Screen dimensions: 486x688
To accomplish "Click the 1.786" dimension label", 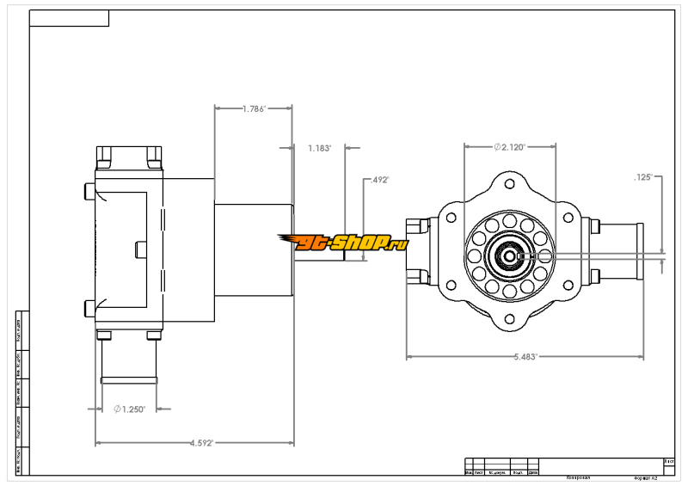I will click(x=254, y=109).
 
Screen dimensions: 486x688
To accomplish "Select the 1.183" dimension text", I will click(x=319, y=148).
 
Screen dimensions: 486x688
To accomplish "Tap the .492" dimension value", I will click(x=379, y=181).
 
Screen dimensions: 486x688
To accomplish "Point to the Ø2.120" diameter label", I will click(x=510, y=147).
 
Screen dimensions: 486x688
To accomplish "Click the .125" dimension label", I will click(x=643, y=177).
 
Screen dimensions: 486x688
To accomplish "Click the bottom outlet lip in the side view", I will click(x=130, y=379).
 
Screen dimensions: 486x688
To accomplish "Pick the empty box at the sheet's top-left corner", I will click(x=70, y=18).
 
